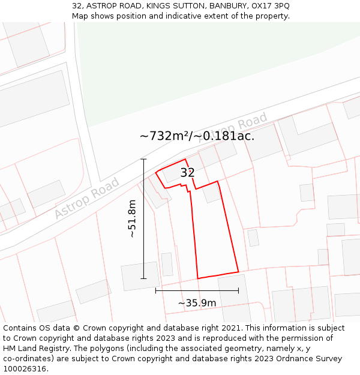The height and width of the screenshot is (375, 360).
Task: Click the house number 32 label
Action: (187, 173)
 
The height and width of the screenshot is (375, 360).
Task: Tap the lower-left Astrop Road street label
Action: (87, 199)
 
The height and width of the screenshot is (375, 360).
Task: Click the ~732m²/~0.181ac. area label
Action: (197, 136)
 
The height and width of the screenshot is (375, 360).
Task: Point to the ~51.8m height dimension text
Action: (132, 219)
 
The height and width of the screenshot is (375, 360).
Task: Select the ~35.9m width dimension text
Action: (197, 303)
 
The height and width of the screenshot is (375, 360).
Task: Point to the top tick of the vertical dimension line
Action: (143, 159)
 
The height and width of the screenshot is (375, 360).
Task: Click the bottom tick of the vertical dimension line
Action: (143, 278)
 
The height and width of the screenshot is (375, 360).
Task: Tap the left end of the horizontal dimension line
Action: (155, 290)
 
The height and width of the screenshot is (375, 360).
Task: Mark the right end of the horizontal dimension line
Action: (238, 290)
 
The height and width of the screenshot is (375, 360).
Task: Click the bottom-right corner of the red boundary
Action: (238, 272)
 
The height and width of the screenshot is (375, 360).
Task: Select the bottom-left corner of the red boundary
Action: (198, 278)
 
